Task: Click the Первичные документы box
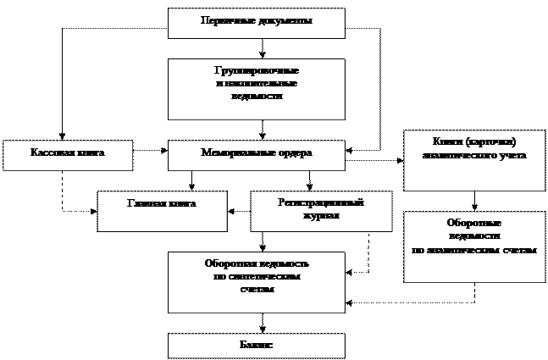coord(256,23)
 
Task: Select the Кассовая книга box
coord(68,156)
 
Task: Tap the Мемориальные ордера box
coord(256,155)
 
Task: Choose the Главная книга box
coord(162,211)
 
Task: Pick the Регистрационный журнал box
coord(321,211)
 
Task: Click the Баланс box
coord(256,346)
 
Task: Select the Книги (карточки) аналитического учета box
coord(473,160)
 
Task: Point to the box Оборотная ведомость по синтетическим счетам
coord(256,282)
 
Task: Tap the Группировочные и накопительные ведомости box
coord(256,89)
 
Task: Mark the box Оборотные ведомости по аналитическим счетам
coord(473,246)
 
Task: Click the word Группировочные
coord(257,70)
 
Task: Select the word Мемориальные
coord(236,153)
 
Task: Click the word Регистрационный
coord(321,203)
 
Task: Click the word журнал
coord(321,216)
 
